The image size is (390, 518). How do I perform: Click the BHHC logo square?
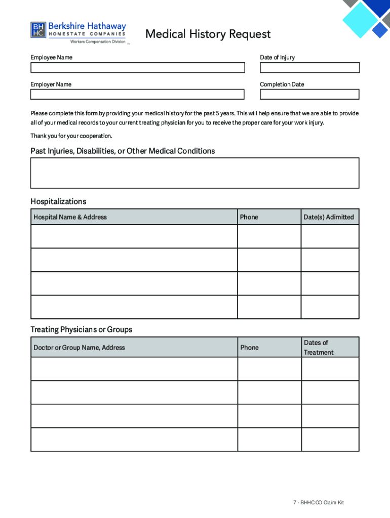[38, 30]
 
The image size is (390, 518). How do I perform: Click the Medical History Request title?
[208, 34]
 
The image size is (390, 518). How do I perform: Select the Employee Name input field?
[137, 68]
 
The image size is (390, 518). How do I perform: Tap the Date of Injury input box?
[309, 68]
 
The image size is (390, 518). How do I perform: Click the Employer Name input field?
[137, 95]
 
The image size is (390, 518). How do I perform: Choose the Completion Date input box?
[309, 95]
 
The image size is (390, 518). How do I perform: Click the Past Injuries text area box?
[194, 173]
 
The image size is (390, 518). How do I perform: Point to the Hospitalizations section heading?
[58, 201]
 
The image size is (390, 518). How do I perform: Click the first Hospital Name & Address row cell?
[134, 236]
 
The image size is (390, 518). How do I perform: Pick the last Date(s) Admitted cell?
[330, 307]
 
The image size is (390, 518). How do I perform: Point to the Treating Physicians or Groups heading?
[81, 329]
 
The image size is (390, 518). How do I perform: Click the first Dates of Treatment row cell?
[330, 369]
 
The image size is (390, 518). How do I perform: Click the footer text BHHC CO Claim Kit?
[318, 503]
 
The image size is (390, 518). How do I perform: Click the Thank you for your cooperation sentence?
[71, 136]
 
